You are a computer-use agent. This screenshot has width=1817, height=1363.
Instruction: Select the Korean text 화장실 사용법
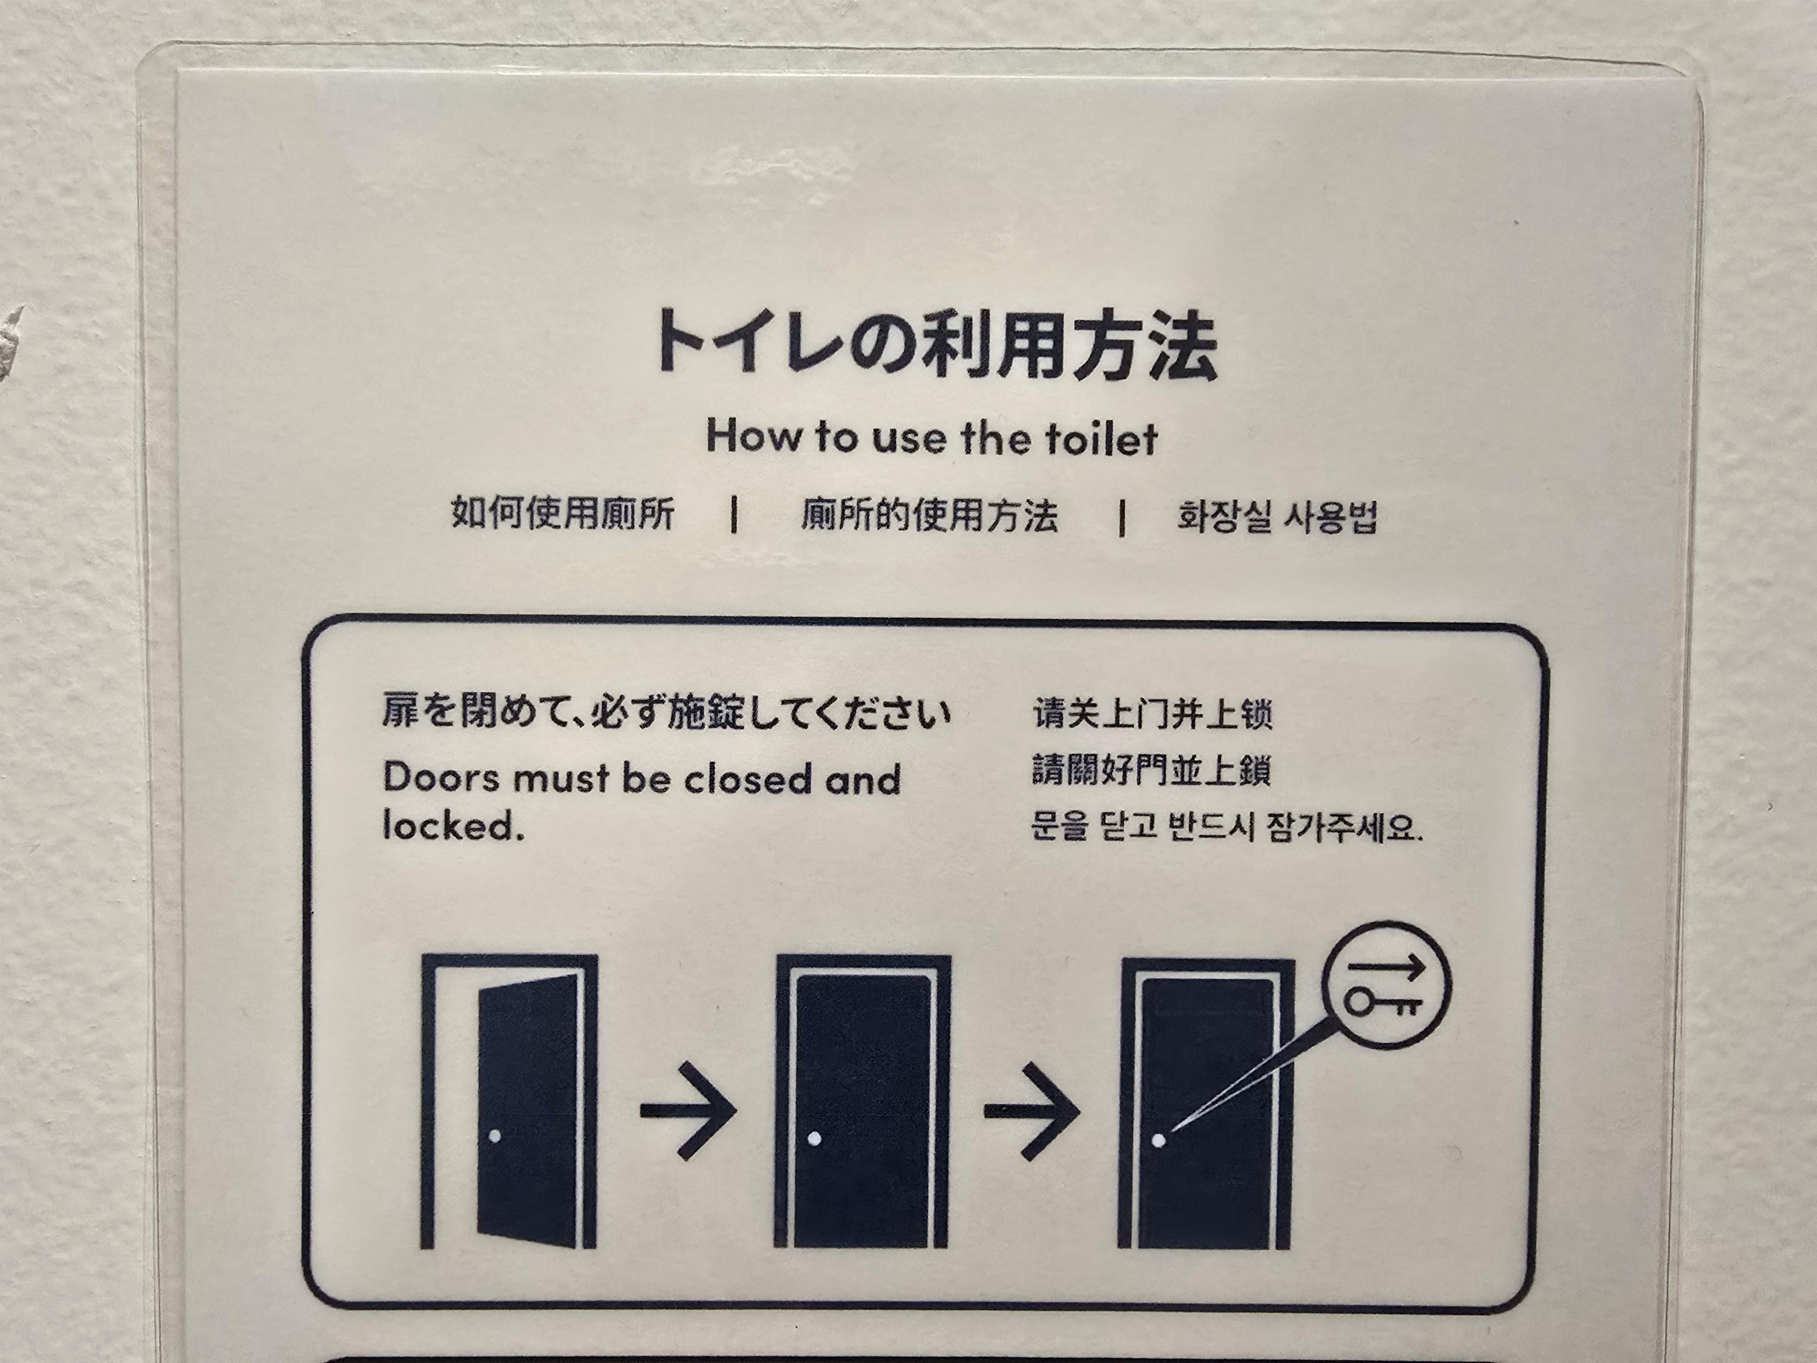click(x=1277, y=517)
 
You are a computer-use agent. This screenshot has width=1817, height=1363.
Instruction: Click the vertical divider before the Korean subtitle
click(x=1122, y=517)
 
